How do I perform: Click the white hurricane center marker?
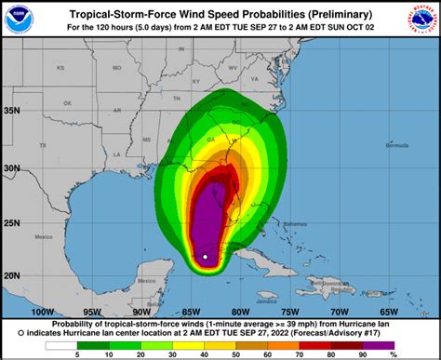click(205, 257)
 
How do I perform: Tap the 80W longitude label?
click(240, 311)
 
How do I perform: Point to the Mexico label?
click(40, 238)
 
